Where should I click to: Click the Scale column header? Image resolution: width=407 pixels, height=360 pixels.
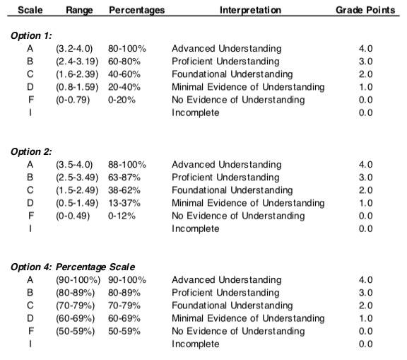[x=30, y=10]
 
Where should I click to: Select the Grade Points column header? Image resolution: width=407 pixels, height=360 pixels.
[x=365, y=10]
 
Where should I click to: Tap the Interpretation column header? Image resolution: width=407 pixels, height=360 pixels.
[x=250, y=10]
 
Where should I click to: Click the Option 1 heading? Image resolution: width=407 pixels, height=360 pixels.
[x=31, y=35]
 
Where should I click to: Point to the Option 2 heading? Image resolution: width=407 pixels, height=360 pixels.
[x=31, y=151]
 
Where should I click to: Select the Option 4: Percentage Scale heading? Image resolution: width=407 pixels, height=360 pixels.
[x=73, y=267]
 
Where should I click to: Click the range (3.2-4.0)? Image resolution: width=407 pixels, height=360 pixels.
[x=74, y=49]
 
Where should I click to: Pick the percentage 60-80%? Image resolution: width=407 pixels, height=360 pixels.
[x=124, y=62]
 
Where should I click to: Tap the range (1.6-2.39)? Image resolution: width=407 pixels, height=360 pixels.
[x=77, y=74]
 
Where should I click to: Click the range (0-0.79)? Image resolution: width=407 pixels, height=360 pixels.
[x=73, y=100]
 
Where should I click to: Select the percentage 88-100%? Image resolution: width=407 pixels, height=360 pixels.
[x=127, y=164]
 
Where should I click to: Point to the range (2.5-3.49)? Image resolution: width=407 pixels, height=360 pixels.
[x=77, y=178]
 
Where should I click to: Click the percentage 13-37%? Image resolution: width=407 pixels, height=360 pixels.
[x=124, y=203]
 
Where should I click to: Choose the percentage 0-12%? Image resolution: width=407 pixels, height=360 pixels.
[x=122, y=216]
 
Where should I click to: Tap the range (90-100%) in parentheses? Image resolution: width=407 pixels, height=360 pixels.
[x=78, y=280]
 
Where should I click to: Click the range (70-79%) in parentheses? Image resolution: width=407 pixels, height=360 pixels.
[x=76, y=306]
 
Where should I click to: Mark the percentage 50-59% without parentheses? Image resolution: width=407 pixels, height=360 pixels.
[x=124, y=331]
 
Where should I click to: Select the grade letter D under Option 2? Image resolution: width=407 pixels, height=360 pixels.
[x=30, y=203]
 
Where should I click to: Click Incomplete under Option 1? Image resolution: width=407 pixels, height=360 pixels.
[x=196, y=112]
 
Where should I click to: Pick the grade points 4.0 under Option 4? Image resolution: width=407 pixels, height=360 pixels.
[x=365, y=280]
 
